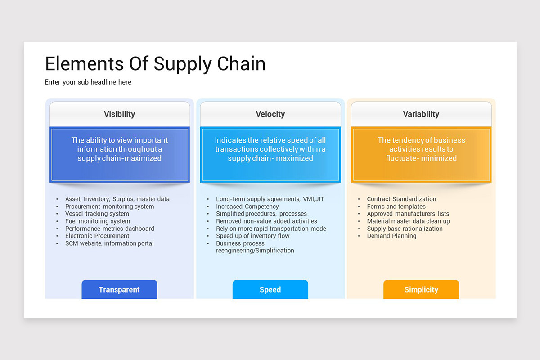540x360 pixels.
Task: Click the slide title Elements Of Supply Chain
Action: [x=155, y=64]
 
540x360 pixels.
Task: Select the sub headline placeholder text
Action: [x=88, y=82]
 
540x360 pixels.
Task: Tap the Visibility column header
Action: [x=119, y=114]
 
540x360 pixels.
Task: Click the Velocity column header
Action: [x=270, y=114]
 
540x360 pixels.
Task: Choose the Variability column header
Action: [x=421, y=114]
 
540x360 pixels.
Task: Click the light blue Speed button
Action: [x=270, y=290]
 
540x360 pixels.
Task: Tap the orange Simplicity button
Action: [x=421, y=290]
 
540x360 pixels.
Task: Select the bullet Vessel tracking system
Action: [x=97, y=214]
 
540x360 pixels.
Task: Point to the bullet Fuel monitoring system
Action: [x=97, y=221]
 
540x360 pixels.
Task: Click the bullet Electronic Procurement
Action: [x=97, y=236]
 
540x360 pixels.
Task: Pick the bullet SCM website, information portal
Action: [x=109, y=243]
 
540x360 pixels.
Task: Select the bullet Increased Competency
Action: [x=247, y=207]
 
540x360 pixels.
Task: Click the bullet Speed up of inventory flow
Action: [x=252, y=236]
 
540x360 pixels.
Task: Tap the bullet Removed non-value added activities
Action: [x=266, y=221]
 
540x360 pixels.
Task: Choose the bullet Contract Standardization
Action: [x=401, y=199]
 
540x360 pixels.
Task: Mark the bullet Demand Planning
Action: [x=391, y=236]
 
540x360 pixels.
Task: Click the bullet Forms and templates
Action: [x=396, y=207]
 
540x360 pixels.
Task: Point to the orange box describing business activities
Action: [x=421, y=154]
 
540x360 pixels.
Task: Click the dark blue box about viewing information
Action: [x=119, y=154]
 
